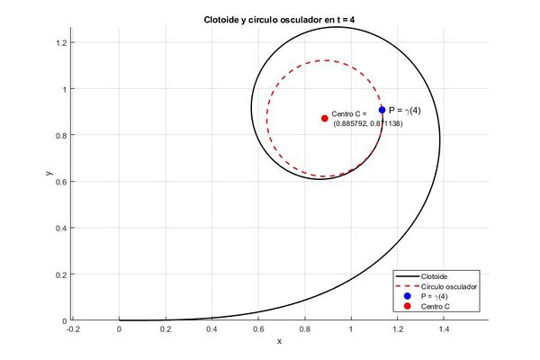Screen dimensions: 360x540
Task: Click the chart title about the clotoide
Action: tap(279, 20)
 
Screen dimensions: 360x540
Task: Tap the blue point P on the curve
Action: tap(382, 110)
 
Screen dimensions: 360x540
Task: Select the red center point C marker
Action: tap(324, 119)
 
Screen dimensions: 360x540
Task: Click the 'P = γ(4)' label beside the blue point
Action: tap(405, 110)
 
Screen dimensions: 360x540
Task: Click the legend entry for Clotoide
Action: tap(435, 275)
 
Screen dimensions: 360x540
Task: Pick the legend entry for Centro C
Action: tap(436, 307)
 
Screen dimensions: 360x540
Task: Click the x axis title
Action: tap(279, 341)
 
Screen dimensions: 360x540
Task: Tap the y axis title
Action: tap(50, 171)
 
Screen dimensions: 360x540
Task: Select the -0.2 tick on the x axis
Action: tap(73, 329)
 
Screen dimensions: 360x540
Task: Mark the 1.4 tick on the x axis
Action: tap(442, 329)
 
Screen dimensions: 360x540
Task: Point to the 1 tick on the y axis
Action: tap(65, 89)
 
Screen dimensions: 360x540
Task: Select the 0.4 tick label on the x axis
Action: tap(211, 329)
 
